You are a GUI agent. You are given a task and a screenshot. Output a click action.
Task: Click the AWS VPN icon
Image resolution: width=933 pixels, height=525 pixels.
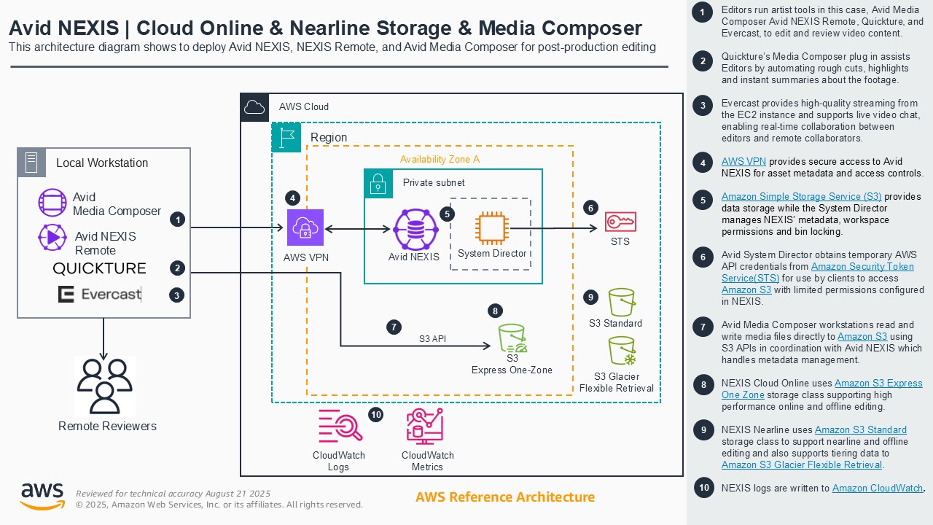click(x=305, y=227)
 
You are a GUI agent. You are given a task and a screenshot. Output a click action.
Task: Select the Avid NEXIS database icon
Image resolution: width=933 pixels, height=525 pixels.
click(x=415, y=229)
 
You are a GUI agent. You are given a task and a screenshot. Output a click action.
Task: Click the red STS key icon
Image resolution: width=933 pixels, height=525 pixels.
click(x=620, y=222)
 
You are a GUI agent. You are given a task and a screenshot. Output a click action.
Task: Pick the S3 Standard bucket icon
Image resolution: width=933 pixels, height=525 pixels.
click(x=622, y=302)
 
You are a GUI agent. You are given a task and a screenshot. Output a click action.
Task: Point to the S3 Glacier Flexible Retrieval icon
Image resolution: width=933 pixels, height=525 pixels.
click(x=621, y=351)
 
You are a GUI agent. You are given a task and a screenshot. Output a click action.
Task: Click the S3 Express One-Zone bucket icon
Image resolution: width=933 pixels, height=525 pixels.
click(x=512, y=338)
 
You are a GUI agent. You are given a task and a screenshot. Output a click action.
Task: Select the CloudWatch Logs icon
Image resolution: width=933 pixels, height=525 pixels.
click(x=340, y=427)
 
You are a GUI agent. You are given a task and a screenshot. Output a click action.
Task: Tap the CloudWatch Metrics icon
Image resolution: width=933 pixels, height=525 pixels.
click(x=425, y=427)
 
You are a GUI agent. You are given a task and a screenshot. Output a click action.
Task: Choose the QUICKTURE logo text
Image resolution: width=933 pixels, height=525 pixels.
click(x=99, y=268)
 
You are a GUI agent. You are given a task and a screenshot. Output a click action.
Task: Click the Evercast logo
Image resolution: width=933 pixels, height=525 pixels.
click(x=99, y=294)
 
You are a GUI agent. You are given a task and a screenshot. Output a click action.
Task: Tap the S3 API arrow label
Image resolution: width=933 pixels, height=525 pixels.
click(x=432, y=338)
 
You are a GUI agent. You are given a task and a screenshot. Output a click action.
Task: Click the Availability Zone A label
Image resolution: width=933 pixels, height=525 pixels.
click(x=440, y=159)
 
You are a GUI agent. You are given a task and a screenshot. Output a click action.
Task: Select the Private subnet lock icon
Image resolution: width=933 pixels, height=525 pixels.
click(x=378, y=183)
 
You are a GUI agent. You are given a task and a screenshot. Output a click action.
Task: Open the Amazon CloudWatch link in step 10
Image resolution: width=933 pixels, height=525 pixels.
click(x=878, y=488)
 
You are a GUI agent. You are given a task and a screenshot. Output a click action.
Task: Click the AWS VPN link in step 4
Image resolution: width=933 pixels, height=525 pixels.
click(x=743, y=161)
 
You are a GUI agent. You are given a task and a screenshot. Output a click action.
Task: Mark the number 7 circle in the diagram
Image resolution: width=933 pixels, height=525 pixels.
click(x=394, y=327)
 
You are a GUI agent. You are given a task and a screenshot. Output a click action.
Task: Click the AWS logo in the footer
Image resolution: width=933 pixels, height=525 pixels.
click(x=42, y=496)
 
